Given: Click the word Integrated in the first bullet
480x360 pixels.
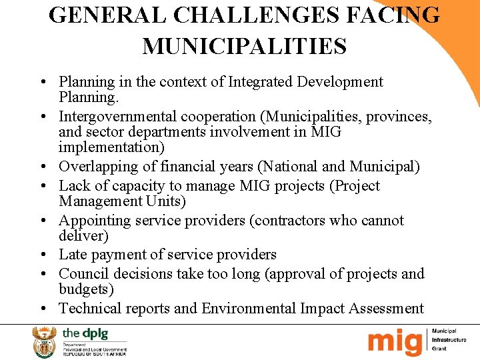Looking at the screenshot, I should (261, 82).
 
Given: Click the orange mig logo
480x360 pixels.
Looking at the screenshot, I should (396, 341).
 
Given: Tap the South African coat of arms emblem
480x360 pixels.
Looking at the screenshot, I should (45, 341).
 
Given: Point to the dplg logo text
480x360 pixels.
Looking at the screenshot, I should (85, 333).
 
